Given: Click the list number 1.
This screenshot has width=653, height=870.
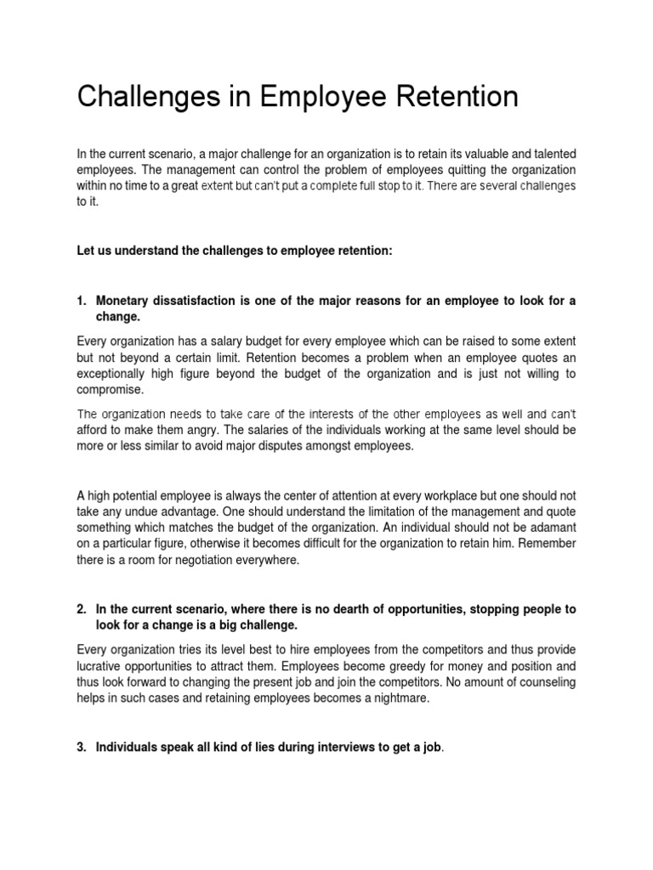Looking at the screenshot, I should point(82,301).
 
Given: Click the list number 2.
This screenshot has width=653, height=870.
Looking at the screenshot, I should point(82,609).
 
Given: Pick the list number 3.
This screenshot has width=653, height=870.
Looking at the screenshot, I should point(82,747).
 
